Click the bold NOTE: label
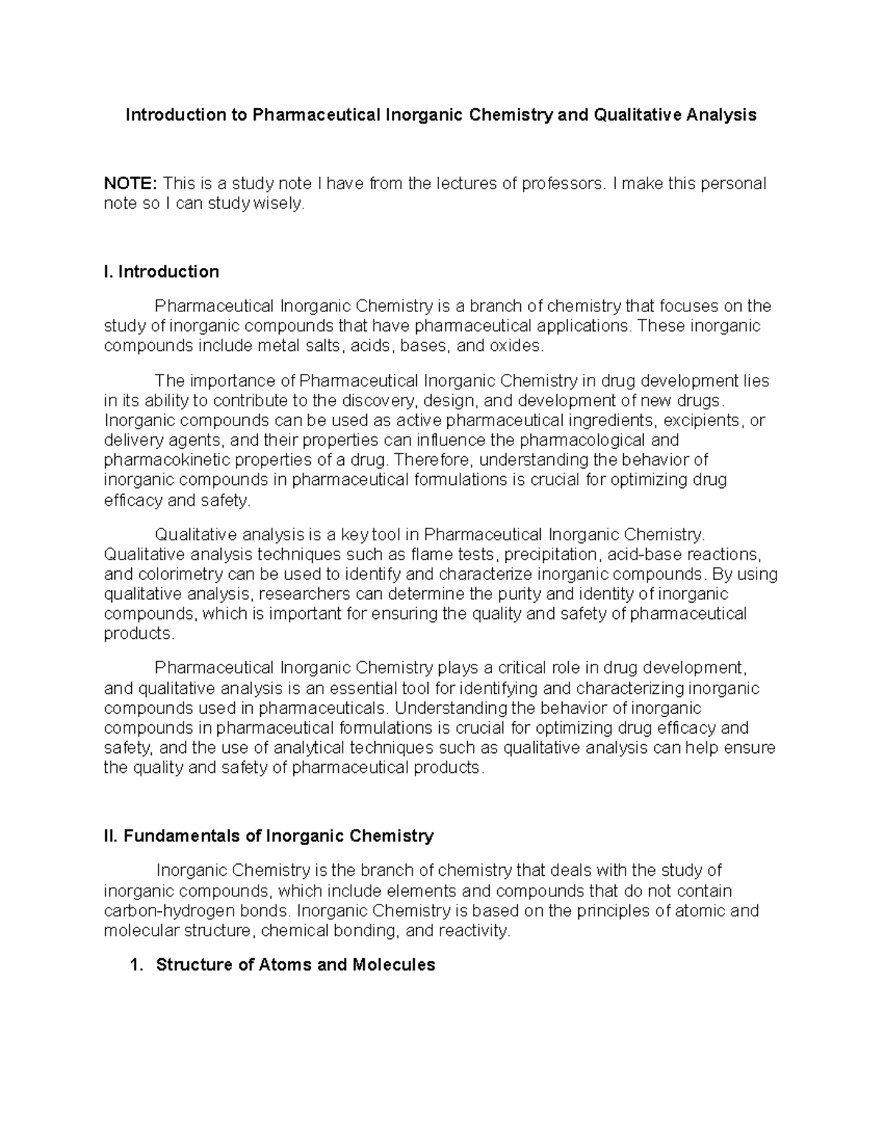coord(130,183)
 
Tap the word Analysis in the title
coord(721,115)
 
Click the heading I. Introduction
coord(162,272)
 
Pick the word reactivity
coord(473,931)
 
